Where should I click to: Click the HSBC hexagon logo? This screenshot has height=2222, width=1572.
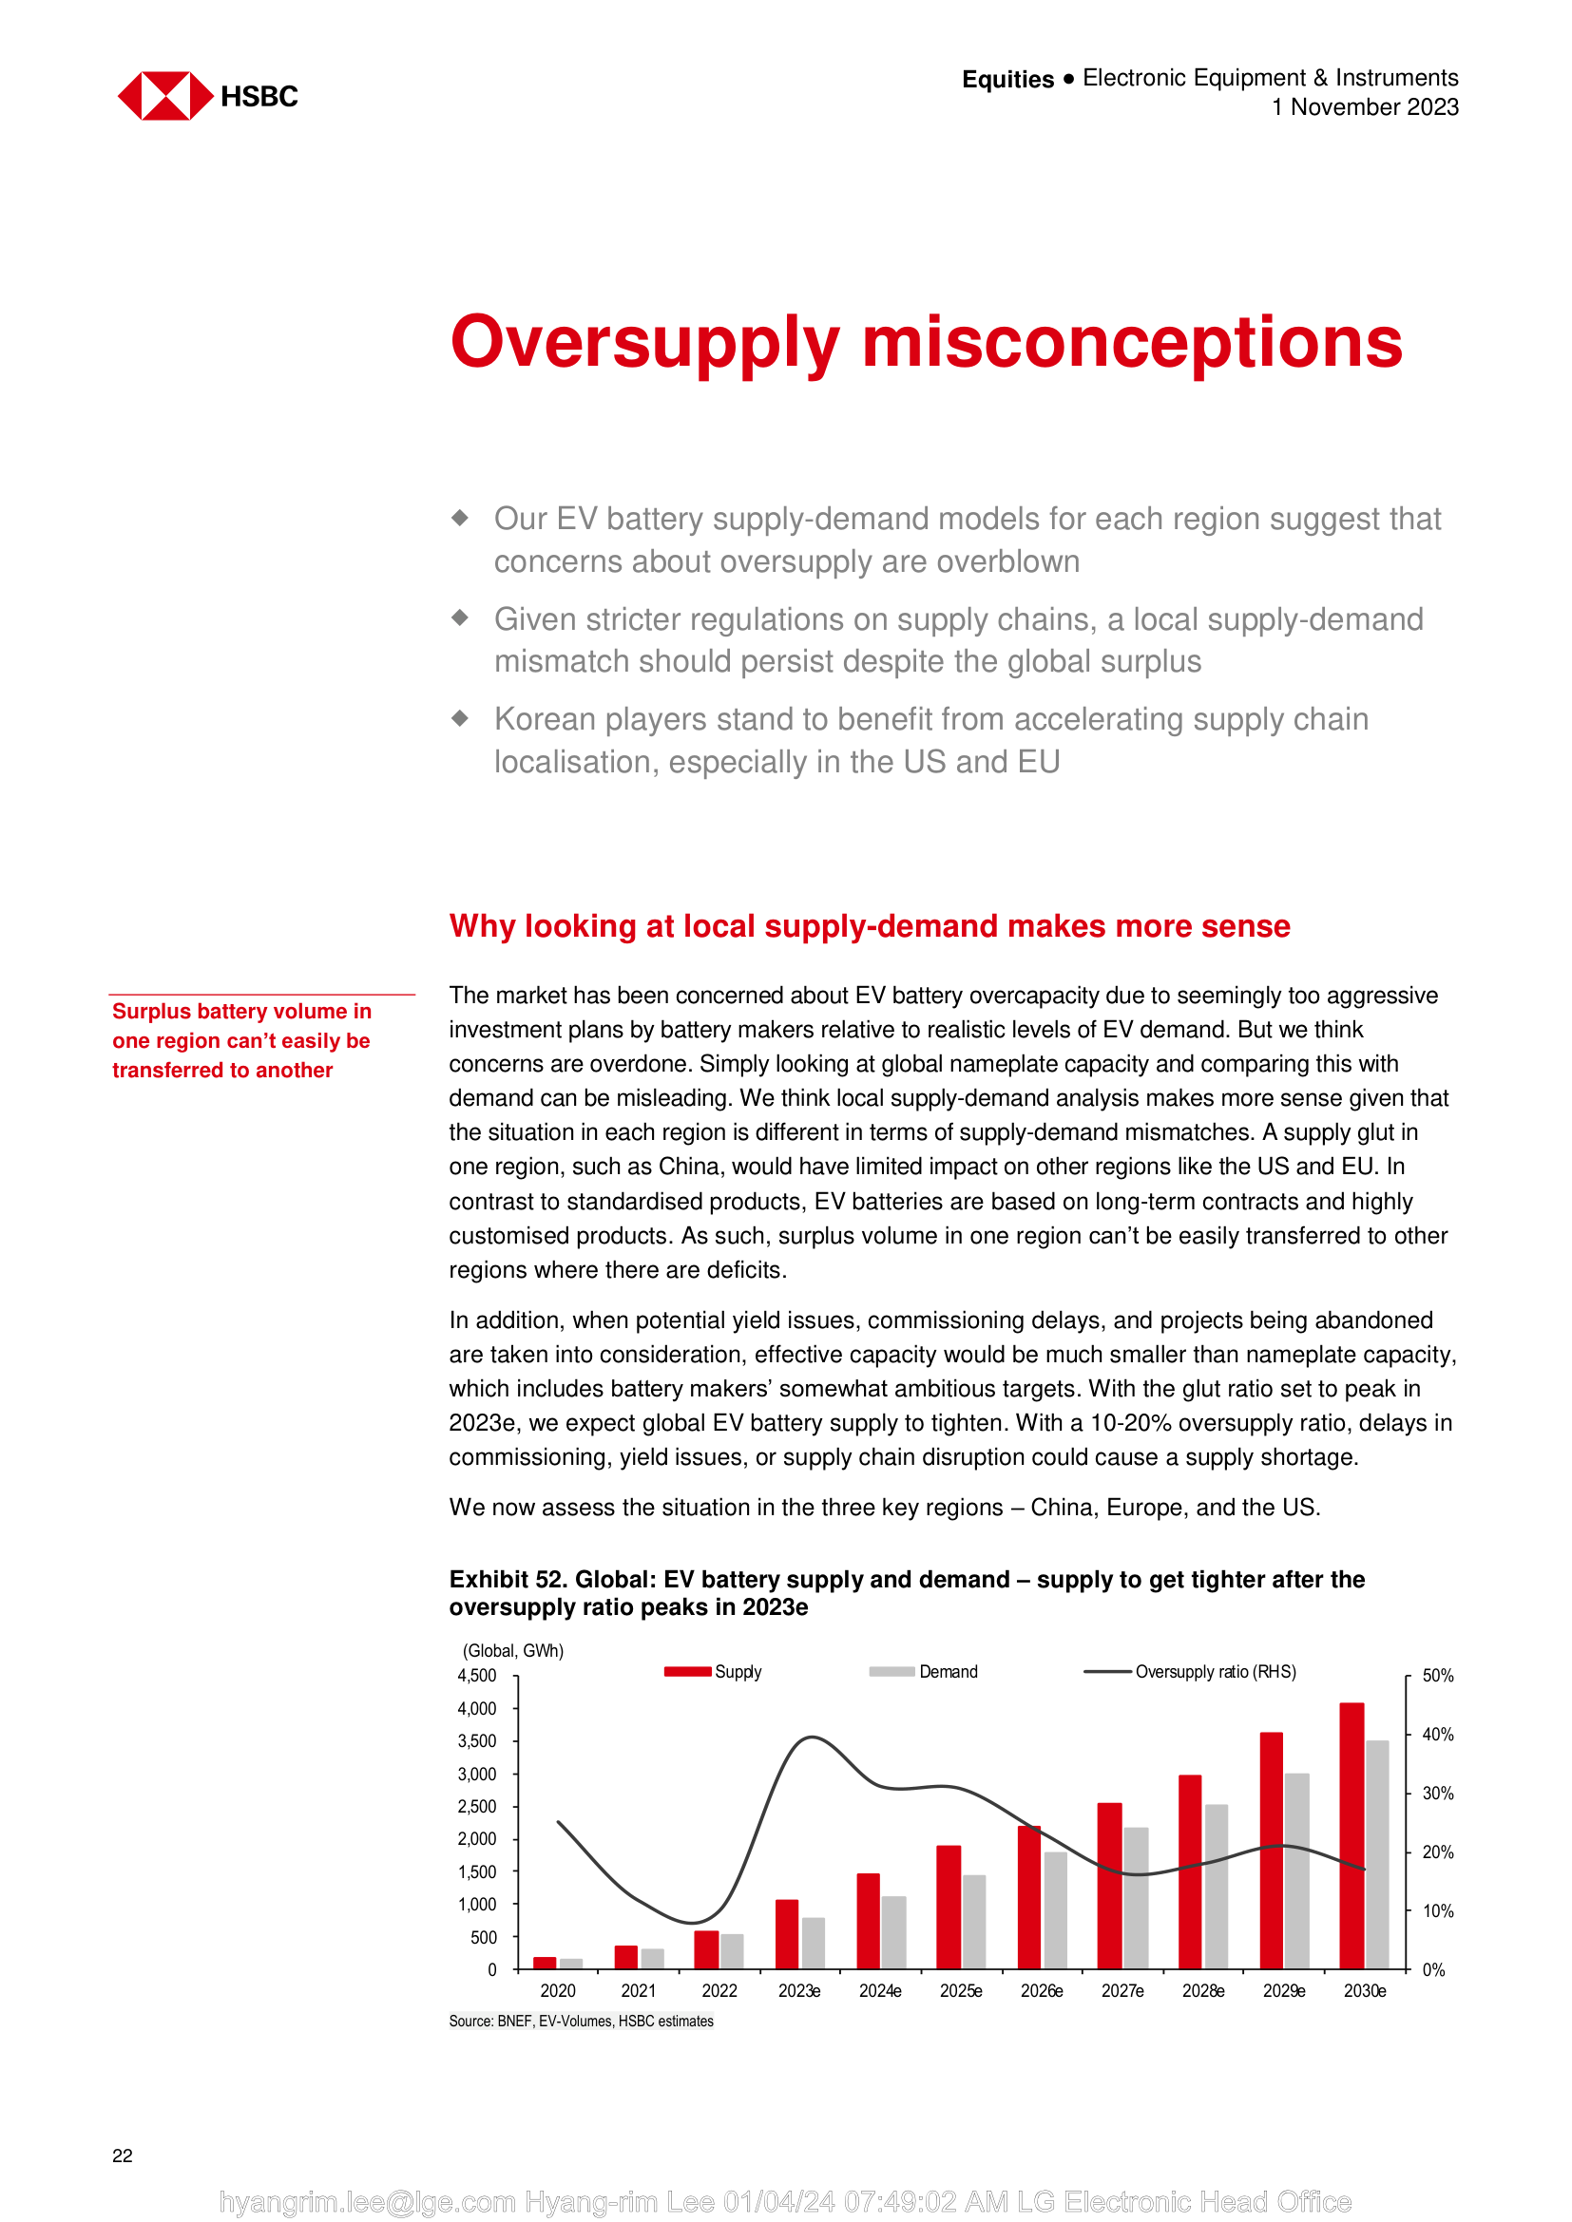[164, 96]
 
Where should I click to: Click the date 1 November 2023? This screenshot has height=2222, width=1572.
[1364, 107]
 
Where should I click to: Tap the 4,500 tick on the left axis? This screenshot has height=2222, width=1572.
[476, 1675]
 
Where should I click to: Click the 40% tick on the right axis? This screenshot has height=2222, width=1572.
[1437, 1735]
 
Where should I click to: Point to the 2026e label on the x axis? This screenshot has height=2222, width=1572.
[1042, 1991]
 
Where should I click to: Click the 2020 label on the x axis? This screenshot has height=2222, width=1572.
[558, 1991]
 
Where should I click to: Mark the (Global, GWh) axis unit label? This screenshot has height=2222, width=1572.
[513, 1650]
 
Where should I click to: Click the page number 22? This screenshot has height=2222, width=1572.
[123, 2156]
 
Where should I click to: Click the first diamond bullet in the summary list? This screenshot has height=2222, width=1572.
[461, 518]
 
